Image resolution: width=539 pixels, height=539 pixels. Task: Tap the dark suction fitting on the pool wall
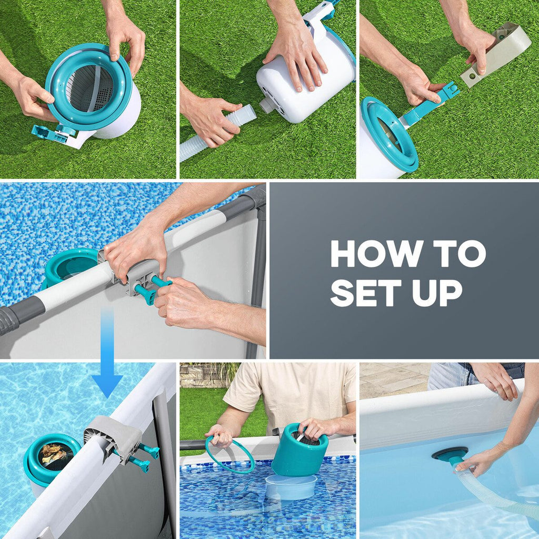pos(450,454)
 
